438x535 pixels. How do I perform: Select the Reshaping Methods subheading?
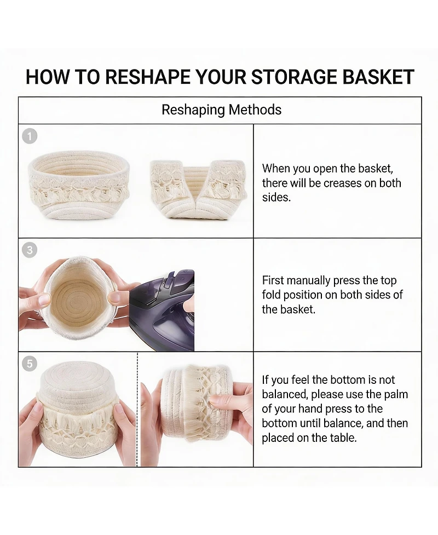point(221,110)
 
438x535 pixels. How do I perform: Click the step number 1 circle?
point(30,136)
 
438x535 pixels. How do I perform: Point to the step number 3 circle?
point(30,250)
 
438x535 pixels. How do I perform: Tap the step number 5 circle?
point(30,364)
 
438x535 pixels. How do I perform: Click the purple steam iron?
point(163,310)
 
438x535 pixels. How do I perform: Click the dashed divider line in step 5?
point(137,410)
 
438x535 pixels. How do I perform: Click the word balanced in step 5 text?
point(285,394)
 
